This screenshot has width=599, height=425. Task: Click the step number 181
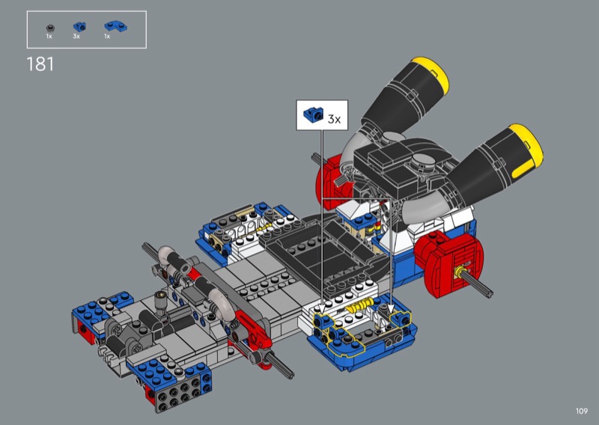[40, 64]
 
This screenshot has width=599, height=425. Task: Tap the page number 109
[582, 411]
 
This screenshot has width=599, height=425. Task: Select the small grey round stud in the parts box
[50, 28]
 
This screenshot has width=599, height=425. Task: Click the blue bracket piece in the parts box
[79, 27]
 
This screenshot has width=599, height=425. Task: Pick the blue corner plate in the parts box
[116, 26]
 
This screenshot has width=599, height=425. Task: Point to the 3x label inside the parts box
[76, 36]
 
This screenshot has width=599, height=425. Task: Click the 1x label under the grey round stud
[49, 36]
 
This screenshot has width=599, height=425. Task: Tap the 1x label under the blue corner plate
[107, 36]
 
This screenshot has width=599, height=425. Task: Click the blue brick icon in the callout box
[313, 114]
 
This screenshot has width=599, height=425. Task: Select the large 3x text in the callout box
[334, 119]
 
